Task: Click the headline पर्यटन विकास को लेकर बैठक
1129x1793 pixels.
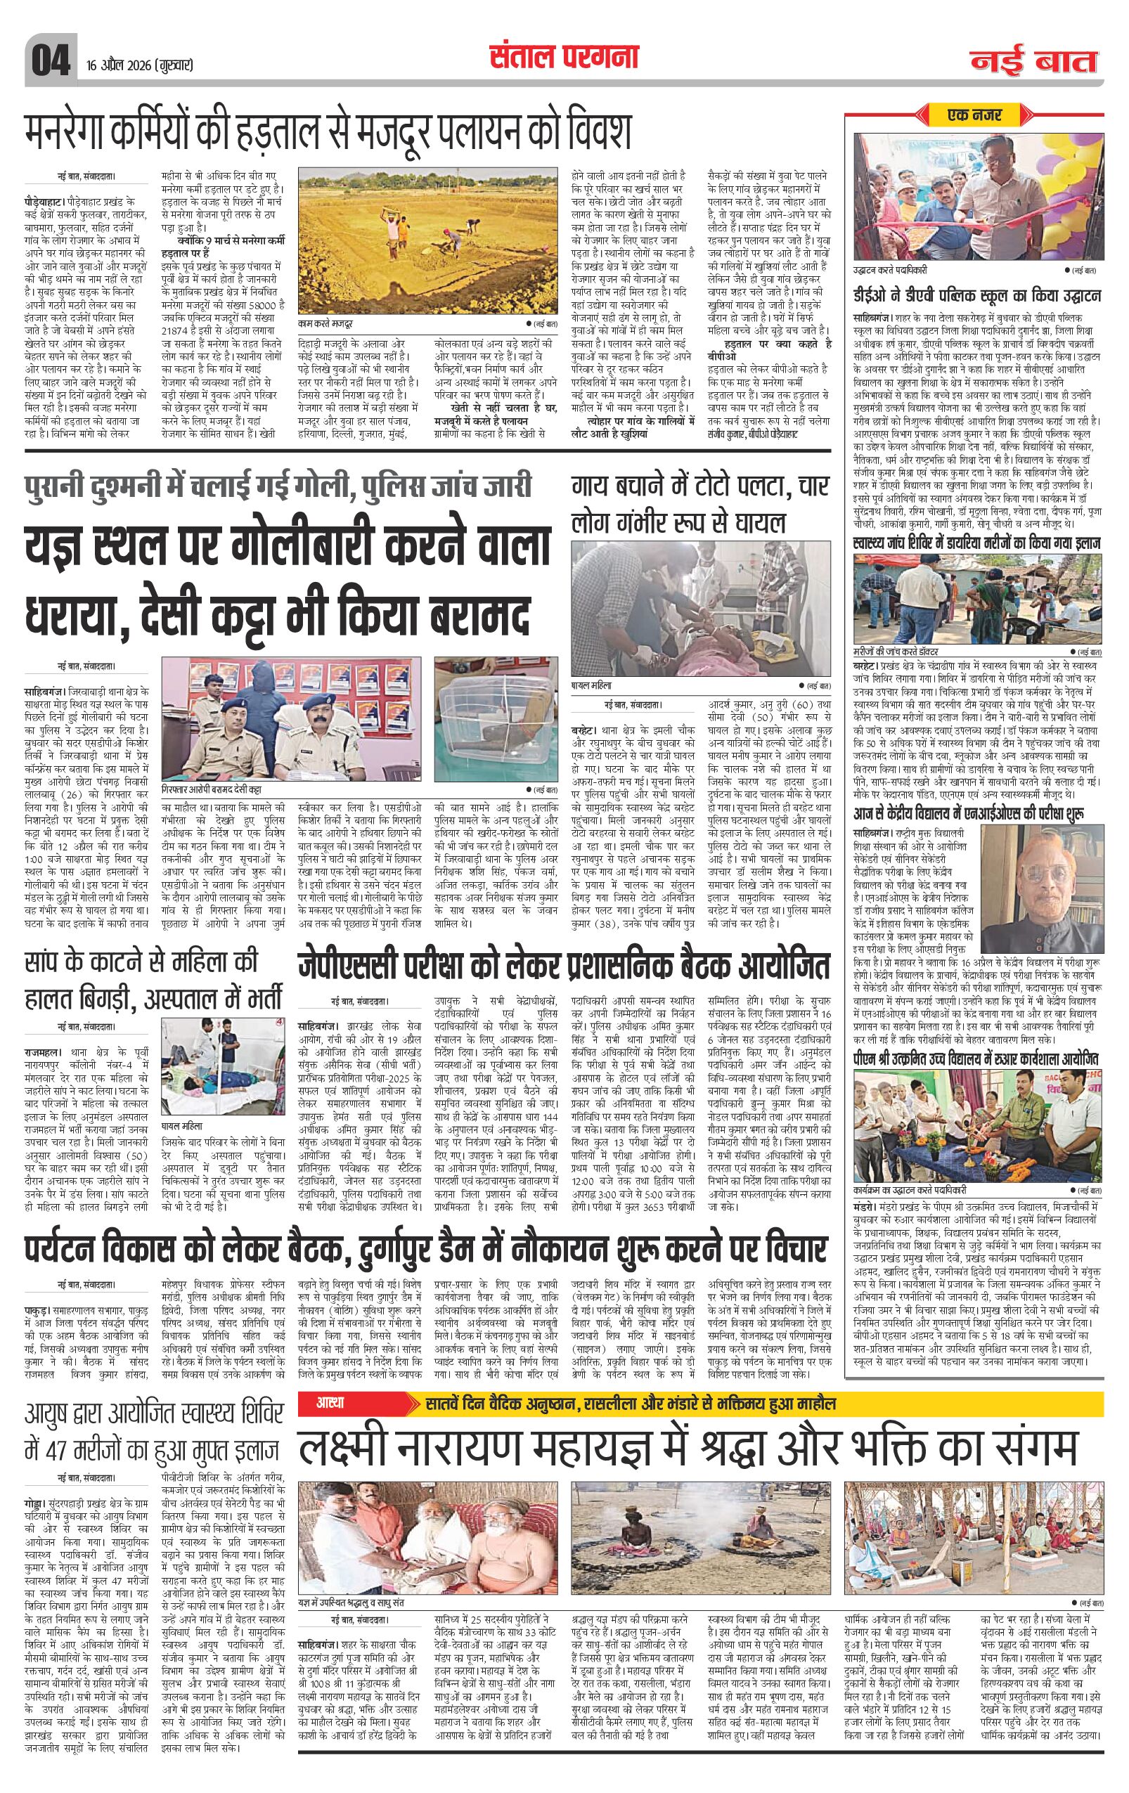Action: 425,1248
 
